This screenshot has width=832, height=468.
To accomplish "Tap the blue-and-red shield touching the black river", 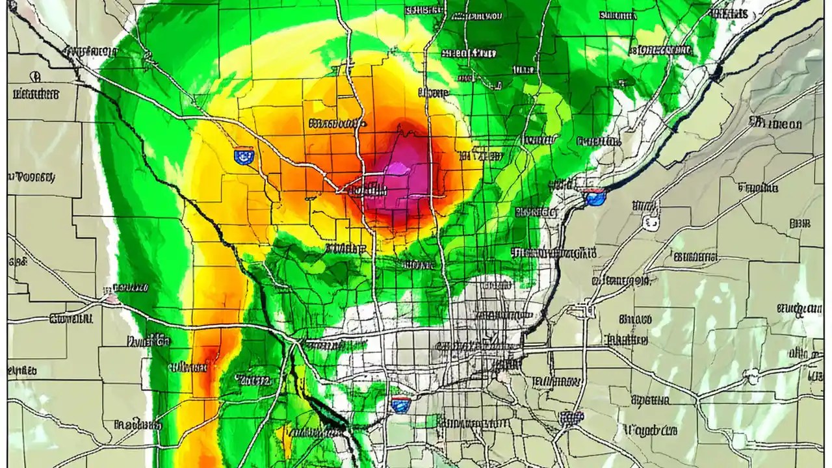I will point(595,196).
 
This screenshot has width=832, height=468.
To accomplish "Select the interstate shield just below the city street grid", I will point(401,405).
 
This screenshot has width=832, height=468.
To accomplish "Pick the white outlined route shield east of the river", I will point(650,222).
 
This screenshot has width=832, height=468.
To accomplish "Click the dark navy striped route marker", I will point(571,418).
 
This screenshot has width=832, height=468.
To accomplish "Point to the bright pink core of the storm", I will point(406,170).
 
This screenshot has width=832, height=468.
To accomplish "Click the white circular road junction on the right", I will point(753,376).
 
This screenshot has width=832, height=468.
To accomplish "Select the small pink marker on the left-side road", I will point(112,299).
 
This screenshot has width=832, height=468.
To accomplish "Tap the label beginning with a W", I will point(650,430).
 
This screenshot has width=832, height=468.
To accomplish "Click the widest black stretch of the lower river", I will point(328,416).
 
